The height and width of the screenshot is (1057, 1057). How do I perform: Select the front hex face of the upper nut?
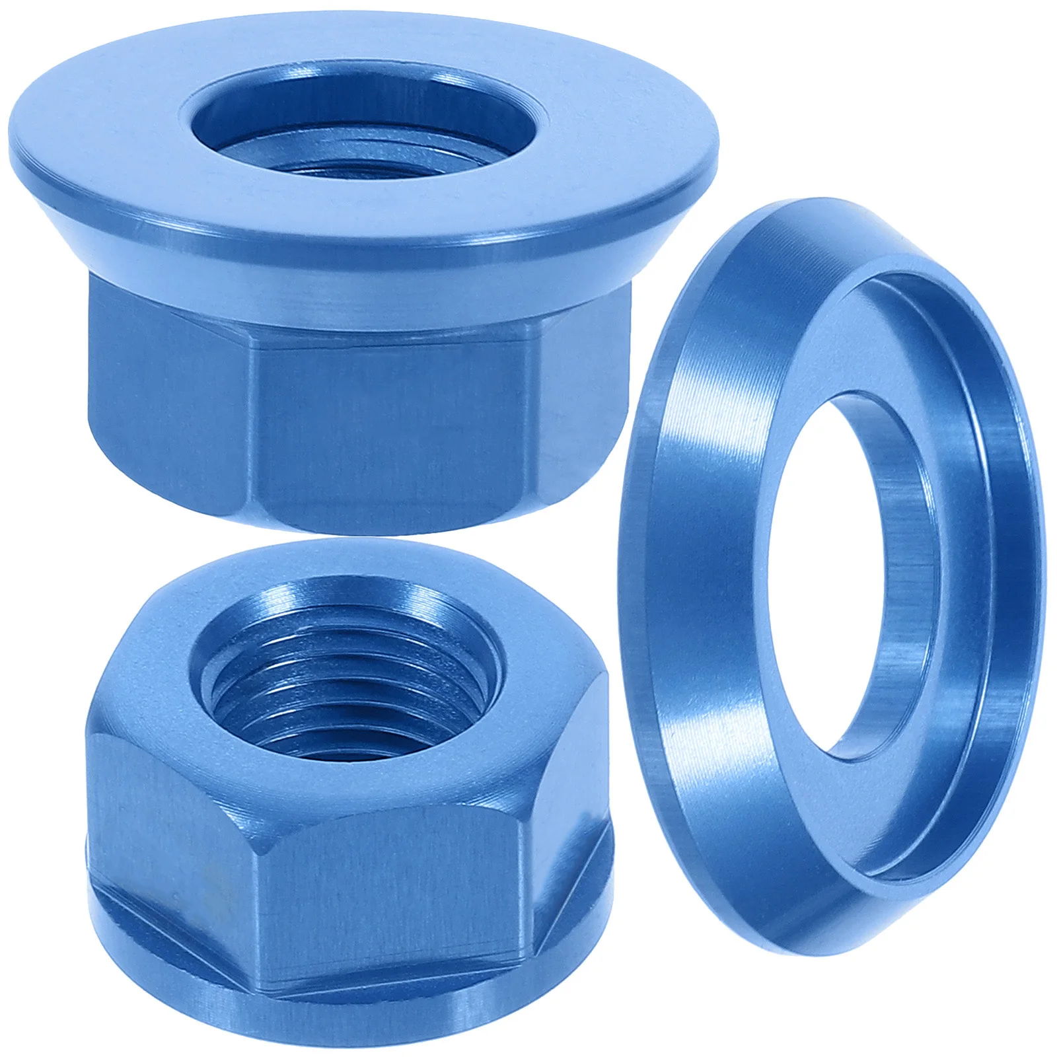pyautogui.click(x=390, y=423)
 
